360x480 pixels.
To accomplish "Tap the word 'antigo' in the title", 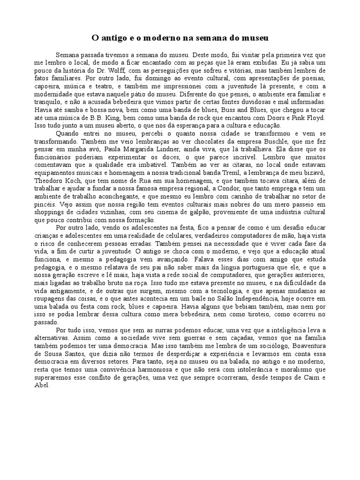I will point(113,37).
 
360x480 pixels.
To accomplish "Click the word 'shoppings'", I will point(49,213).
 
